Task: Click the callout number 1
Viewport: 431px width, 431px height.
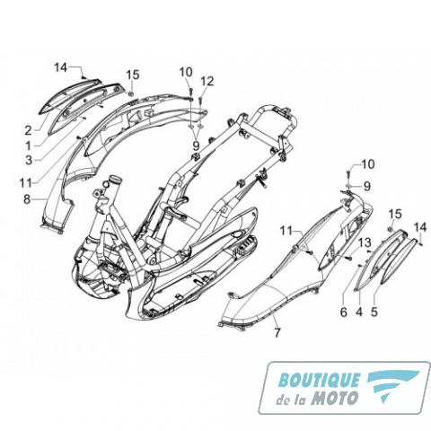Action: pos(29,146)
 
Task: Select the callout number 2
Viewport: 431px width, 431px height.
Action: pos(28,130)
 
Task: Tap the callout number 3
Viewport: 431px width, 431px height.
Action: pos(29,160)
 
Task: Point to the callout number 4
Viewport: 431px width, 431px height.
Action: pos(359,312)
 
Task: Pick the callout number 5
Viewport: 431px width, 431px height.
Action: pos(374,312)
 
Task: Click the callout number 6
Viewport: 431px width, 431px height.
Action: pos(344,312)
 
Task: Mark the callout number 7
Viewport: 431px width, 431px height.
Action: pos(277,333)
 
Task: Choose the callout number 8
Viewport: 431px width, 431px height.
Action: pos(27,199)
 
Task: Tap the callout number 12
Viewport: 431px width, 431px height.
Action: pos(207,82)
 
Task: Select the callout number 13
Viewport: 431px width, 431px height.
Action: pos(365,242)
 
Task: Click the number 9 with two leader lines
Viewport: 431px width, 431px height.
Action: pos(196,146)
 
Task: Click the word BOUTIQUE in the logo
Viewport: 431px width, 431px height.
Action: pos(319,380)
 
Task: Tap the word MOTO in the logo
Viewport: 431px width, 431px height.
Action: pos(334,399)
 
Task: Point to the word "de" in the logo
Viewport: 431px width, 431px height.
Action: pos(282,400)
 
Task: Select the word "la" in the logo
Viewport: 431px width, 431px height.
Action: pos(301,400)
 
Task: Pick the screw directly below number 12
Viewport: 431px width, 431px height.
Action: pos(201,99)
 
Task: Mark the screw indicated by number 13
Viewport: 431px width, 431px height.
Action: pos(347,257)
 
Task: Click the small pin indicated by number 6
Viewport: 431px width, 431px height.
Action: pos(360,266)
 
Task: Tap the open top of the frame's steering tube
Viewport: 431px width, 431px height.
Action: pos(115,180)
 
